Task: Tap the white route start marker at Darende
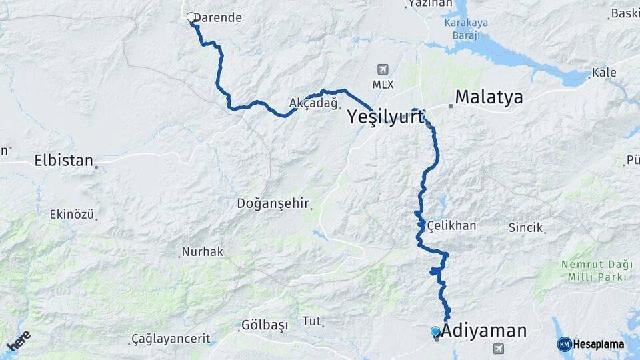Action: (191, 17)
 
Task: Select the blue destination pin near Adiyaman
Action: (435, 331)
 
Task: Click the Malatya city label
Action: (489, 98)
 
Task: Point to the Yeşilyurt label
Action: (385, 117)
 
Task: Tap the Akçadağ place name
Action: (314, 103)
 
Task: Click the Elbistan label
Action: (63, 161)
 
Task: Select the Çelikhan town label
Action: (452, 225)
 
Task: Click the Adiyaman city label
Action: (484, 331)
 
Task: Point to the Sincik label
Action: (526, 227)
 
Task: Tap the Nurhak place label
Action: (203, 252)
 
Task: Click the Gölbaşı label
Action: (265, 325)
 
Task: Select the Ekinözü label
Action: (71, 214)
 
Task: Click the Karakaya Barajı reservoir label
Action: (466, 29)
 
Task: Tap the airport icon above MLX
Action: (383, 69)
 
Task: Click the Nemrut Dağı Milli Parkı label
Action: (593, 271)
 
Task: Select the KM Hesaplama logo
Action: (591, 344)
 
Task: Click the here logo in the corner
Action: (18, 341)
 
